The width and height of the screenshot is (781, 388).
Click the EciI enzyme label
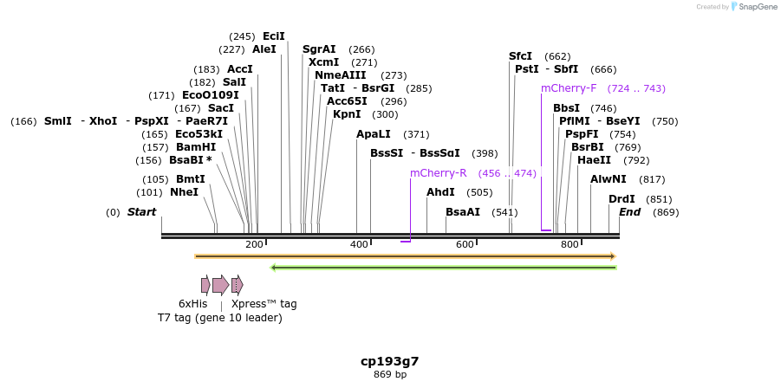tap(273, 36)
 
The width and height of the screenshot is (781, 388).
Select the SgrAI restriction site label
tap(319, 49)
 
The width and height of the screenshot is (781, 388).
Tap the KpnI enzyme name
tap(348, 114)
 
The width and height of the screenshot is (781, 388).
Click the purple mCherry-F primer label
tap(569, 88)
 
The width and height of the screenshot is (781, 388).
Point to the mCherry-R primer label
tap(438, 173)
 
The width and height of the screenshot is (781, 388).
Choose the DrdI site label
tap(622, 199)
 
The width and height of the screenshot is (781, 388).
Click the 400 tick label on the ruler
tap(360, 245)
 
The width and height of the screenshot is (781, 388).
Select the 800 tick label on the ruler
tap(569, 245)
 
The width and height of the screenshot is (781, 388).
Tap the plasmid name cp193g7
tap(390, 360)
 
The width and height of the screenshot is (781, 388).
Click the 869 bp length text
tap(390, 374)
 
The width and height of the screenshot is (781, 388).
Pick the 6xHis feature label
tap(192, 304)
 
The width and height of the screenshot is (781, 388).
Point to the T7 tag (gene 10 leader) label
tap(219, 318)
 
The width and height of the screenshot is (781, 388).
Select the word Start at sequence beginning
tap(142, 212)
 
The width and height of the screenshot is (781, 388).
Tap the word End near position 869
tap(629, 212)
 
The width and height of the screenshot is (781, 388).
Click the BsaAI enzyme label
tap(462, 212)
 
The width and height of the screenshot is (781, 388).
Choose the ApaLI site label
tap(374, 134)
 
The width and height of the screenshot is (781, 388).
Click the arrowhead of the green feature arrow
tap(275, 268)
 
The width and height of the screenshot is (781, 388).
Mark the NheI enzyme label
tap(184, 192)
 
